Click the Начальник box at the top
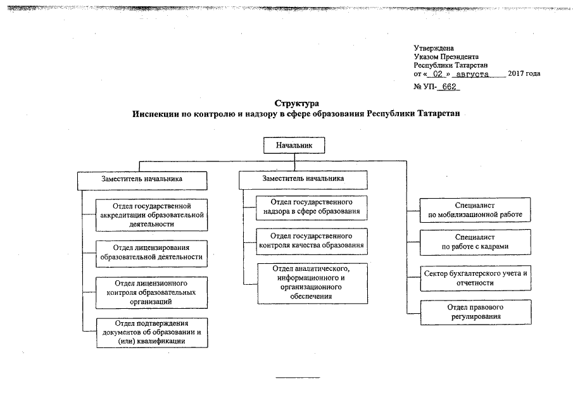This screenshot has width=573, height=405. pyautogui.click(x=295, y=146)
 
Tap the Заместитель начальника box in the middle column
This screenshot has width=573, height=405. pyautogui.click(x=303, y=180)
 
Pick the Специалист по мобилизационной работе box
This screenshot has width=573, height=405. pyautogui.click(x=475, y=210)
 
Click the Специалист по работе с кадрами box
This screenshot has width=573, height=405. pyautogui.click(x=475, y=243)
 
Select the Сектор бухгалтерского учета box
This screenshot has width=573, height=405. pyautogui.click(x=475, y=279)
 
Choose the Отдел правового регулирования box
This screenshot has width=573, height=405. pyautogui.click(x=475, y=311)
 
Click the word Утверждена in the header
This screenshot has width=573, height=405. pyautogui.click(x=434, y=48)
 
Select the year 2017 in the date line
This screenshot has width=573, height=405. pyautogui.click(x=516, y=74)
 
